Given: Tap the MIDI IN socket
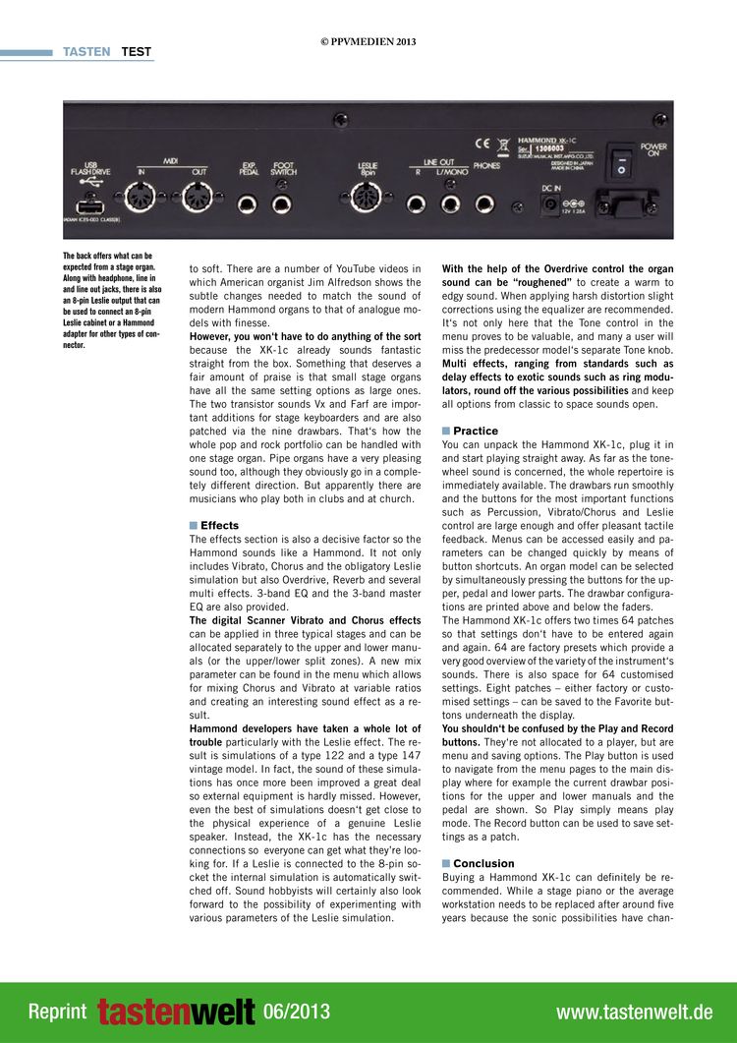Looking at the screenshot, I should pyautogui.click(x=142, y=200).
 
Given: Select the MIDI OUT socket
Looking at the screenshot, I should pyautogui.click(x=197, y=200).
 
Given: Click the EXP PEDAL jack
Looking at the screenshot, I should pyautogui.click(x=249, y=205).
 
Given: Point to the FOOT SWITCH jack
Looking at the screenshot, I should pyautogui.click(x=282, y=205).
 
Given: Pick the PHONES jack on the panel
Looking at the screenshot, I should pyautogui.click(x=484, y=204).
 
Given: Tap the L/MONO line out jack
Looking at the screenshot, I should pyautogui.click(x=450, y=204).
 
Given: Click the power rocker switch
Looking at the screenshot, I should pyautogui.click(x=621, y=165).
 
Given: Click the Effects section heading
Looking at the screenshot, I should pyautogui.click(x=219, y=525).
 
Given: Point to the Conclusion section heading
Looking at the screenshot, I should pyautogui.click(x=483, y=863).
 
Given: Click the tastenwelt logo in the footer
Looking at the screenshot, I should pyautogui.click(x=176, y=1012).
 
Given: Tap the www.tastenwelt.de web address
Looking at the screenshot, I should pyautogui.click(x=634, y=1012).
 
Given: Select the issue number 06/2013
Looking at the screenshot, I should pyautogui.click(x=297, y=1012).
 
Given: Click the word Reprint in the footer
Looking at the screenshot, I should pyautogui.click(x=57, y=1012).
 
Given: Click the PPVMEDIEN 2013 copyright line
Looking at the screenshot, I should pyautogui.click(x=368, y=41).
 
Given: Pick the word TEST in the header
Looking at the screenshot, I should pyautogui.click(x=137, y=52).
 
